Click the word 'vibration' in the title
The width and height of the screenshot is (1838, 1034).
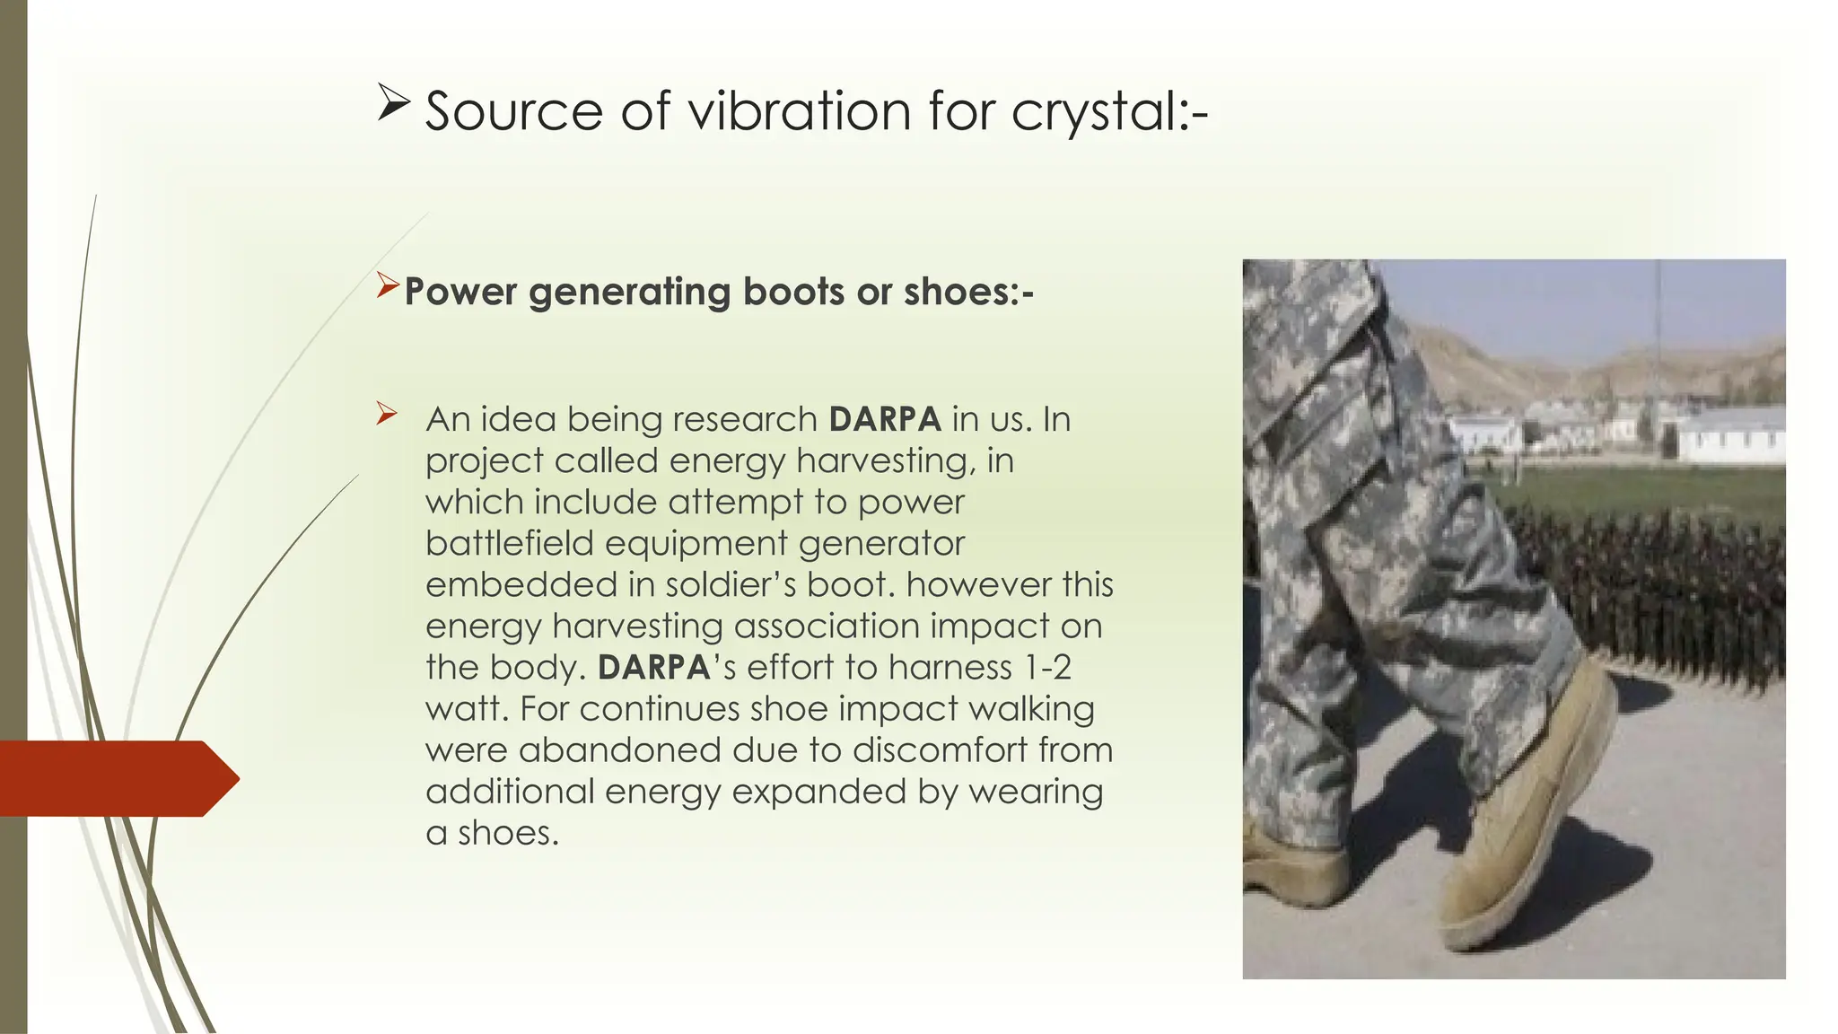(800, 111)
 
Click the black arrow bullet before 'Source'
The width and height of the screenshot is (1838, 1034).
(392, 103)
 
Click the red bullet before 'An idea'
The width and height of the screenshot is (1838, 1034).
(387, 414)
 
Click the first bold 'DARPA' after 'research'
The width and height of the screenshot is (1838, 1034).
(884, 419)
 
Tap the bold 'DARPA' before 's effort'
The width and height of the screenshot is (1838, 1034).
(653, 667)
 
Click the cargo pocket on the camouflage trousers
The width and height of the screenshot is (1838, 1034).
(1319, 359)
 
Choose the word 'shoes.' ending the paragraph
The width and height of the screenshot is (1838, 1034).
(508, 833)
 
